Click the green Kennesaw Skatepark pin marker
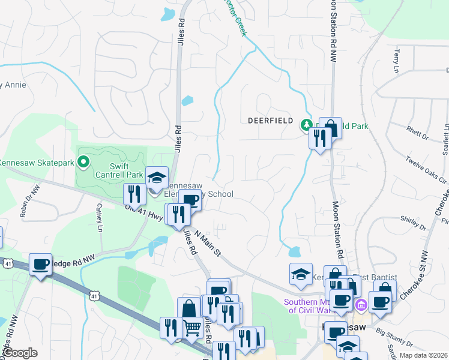click(x=83, y=162)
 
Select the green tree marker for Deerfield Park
click(x=305, y=125)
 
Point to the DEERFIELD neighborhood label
click(x=270, y=121)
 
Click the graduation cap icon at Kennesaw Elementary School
click(x=157, y=177)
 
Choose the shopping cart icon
click(x=192, y=327)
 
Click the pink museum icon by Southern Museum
click(x=360, y=305)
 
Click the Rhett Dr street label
click(x=415, y=131)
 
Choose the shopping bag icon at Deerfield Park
click(x=330, y=128)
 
